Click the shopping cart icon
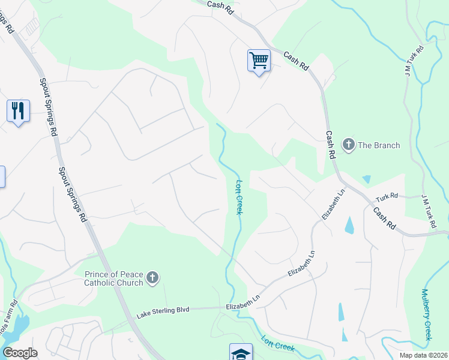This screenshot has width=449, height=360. click(x=259, y=60)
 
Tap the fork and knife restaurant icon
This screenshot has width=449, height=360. click(x=18, y=110)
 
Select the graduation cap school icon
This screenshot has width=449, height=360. click(x=241, y=353)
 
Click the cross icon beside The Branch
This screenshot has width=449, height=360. click(x=348, y=145)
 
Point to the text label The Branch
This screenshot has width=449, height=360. click(x=379, y=145)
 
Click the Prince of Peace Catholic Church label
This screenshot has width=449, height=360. click(x=113, y=278)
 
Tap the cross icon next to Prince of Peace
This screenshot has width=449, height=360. click(x=152, y=277)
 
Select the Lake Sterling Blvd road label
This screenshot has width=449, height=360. click(x=163, y=310)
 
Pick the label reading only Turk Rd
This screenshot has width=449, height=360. click(x=387, y=197)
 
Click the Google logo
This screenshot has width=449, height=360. click(x=20, y=352)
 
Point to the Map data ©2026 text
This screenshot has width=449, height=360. click(x=423, y=355)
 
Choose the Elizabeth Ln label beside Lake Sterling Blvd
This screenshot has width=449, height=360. click(x=243, y=307)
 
